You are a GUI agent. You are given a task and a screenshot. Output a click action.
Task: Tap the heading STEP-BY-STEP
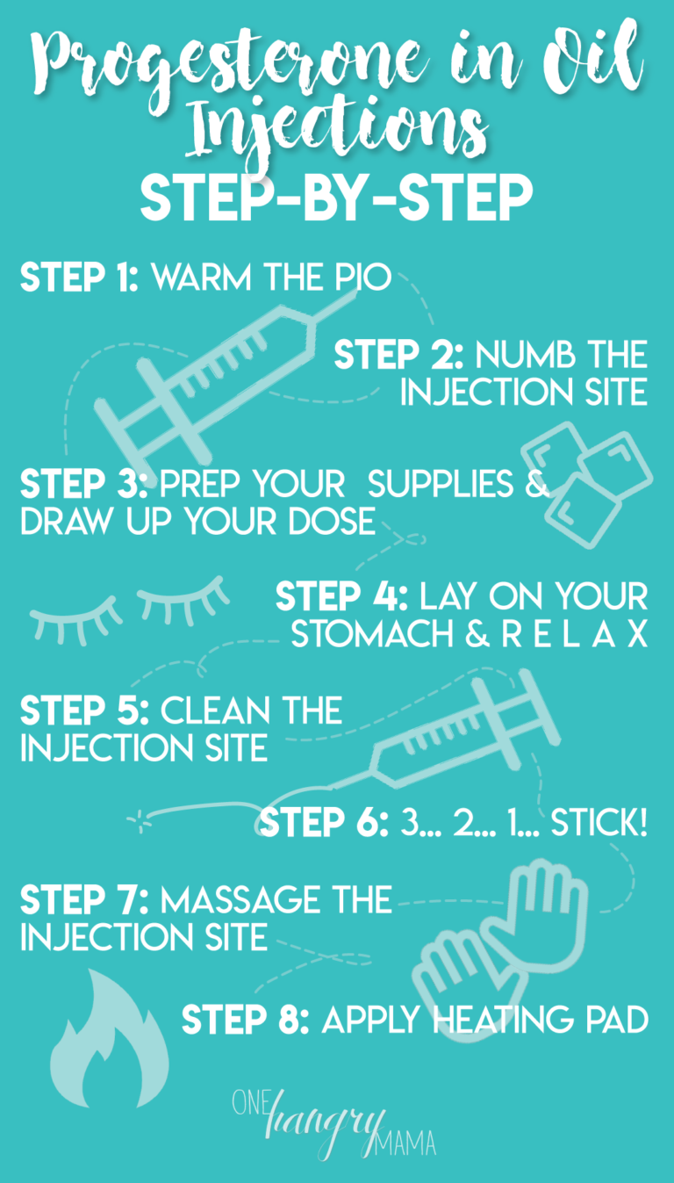tap(336, 201)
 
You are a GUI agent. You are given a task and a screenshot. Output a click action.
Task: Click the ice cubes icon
tap(585, 475)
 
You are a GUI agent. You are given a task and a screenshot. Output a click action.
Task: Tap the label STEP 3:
tap(85, 484)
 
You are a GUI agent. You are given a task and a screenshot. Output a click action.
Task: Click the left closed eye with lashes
tap(74, 616)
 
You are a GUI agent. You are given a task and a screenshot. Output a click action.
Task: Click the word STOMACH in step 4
tap(369, 634)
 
